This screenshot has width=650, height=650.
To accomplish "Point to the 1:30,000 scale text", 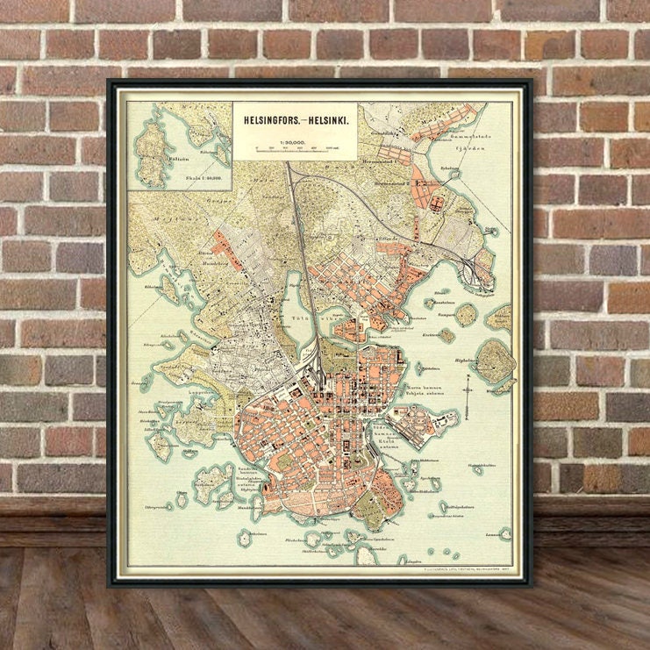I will pos(293,139).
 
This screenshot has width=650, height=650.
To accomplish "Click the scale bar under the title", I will pos(293,148).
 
